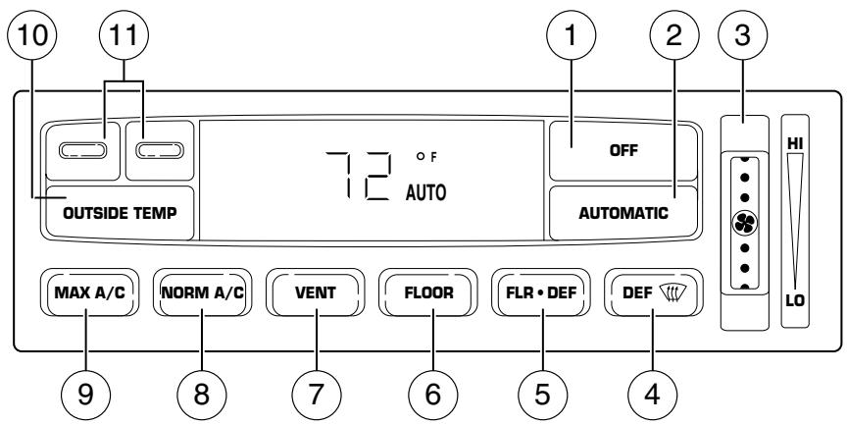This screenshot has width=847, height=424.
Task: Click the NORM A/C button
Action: pyautogui.click(x=203, y=292)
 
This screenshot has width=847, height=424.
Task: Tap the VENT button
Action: pyautogui.click(x=316, y=292)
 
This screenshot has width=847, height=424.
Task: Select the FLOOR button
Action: pyautogui.click(x=428, y=292)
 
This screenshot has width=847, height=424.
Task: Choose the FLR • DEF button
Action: pyautogui.click(x=541, y=292)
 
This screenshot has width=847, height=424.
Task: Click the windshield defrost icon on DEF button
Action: pyautogui.click(x=672, y=292)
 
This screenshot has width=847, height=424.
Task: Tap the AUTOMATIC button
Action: pyautogui.click(x=623, y=213)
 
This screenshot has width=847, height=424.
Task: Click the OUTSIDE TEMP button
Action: pyautogui.click(x=120, y=213)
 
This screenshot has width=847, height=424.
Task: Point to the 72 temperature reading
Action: pyautogui.click(x=360, y=177)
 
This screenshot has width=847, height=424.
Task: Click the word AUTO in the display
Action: pyautogui.click(x=426, y=192)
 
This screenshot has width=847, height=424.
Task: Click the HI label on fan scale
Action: pyautogui.click(x=795, y=144)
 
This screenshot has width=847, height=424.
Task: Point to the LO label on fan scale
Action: pyautogui.click(x=795, y=300)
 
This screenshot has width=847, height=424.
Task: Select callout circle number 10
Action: pyautogui.click(x=32, y=35)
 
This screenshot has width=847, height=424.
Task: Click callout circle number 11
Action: pyautogui.click(x=124, y=35)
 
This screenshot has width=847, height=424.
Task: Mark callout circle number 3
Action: pyautogui.click(x=742, y=35)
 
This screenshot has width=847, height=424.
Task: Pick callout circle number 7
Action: pyautogui.click(x=317, y=395)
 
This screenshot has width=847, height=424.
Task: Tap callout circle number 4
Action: pyautogui.click(x=653, y=395)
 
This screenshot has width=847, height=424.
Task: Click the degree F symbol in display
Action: pyautogui.click(x=426, y=157)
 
